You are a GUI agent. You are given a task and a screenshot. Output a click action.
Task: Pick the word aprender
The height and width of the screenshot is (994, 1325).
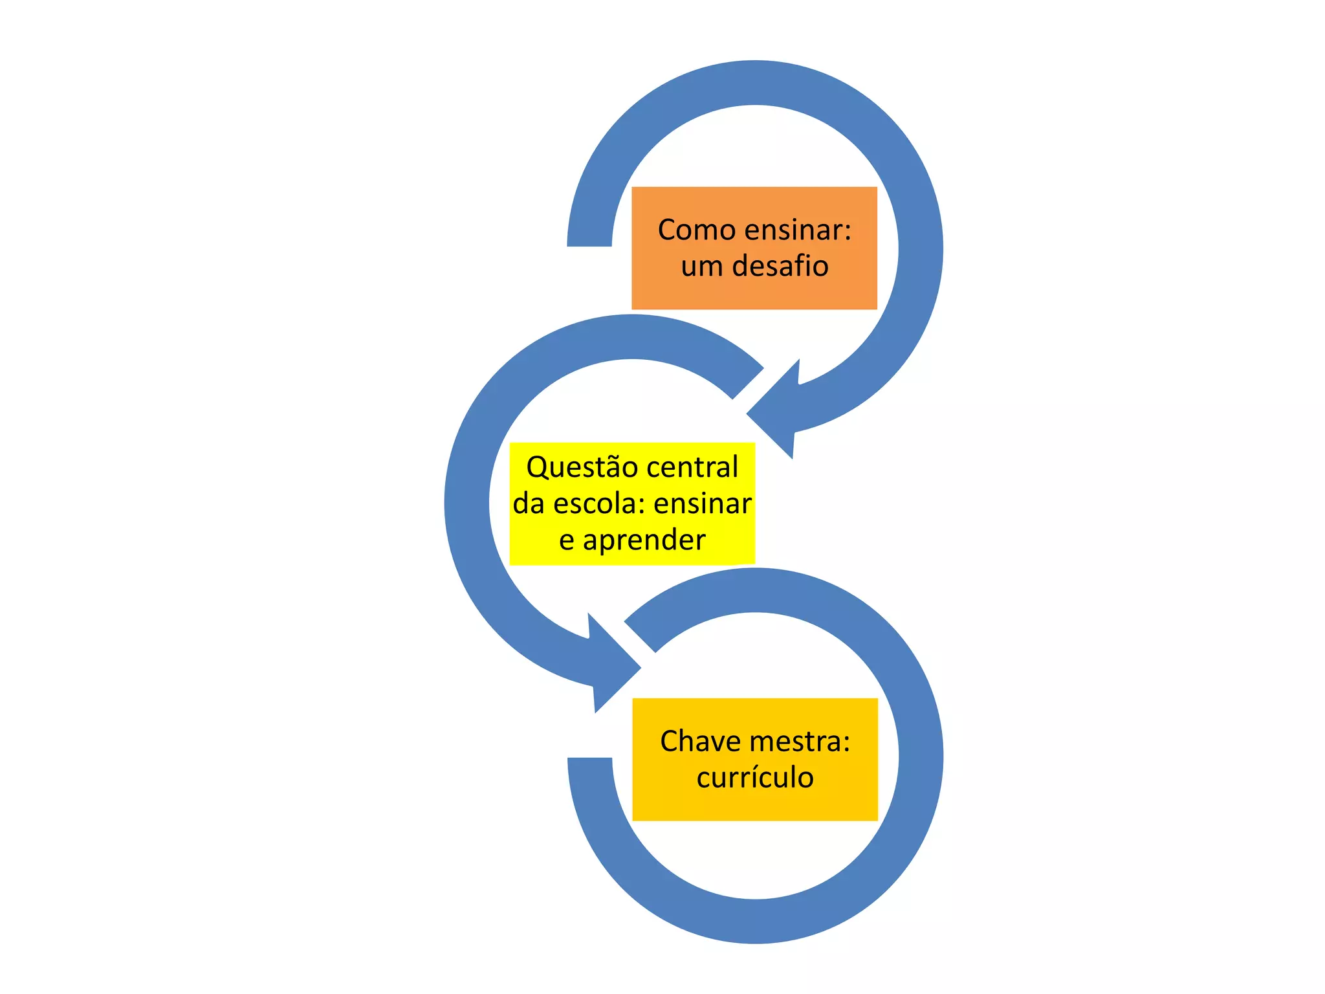644,540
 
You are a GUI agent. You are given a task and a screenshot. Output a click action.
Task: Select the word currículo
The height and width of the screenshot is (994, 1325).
755,778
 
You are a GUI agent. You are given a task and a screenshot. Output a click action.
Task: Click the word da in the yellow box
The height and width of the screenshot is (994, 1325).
529,504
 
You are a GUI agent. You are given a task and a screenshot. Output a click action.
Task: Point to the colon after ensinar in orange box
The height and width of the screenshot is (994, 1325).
848,232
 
